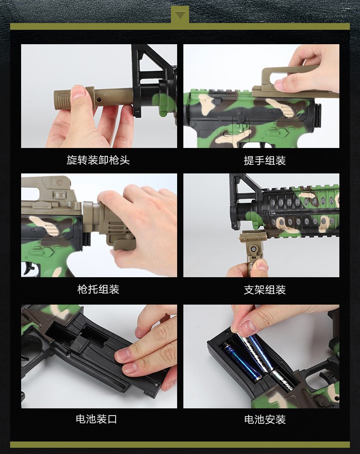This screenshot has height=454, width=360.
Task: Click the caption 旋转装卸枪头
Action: click(x=98, y=160)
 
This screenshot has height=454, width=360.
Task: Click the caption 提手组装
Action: click(x=264, y=160)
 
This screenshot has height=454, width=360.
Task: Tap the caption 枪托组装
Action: click(x=98, y=289)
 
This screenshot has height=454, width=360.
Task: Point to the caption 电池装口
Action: click(x=96, y=418)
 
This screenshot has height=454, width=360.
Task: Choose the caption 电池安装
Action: click(x=265, y=419)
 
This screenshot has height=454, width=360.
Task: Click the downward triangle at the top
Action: click(x=180, y=15)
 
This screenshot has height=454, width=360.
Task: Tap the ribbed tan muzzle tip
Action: click(x=62, y=99)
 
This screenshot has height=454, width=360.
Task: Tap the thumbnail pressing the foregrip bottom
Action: click(x=262, y=265)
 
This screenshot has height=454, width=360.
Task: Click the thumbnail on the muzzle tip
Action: click(x=78, y=92)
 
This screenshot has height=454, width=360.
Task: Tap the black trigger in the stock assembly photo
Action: click(x=29, y=268)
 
